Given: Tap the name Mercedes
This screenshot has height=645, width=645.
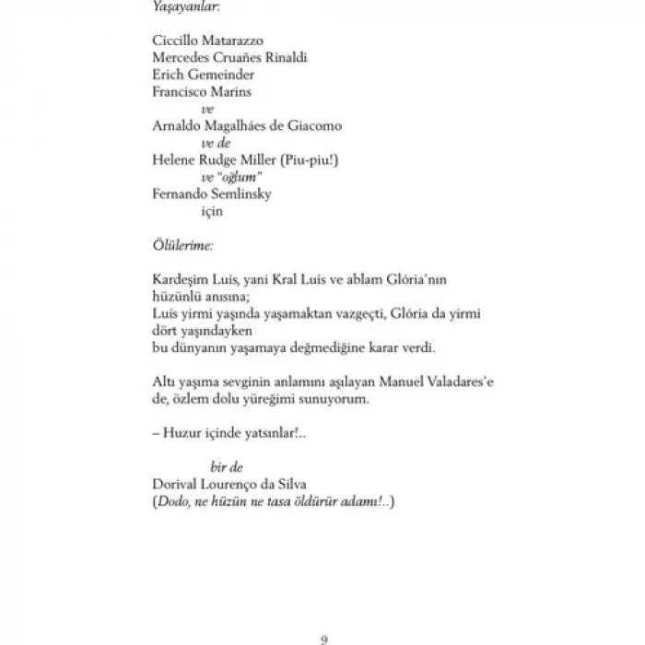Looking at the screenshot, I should coord(182,58).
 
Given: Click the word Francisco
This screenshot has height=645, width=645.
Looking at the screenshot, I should coord(182,91).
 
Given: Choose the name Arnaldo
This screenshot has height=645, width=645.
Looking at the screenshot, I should coord(178,125).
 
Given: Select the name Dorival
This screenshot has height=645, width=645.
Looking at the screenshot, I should coord(176,485).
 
